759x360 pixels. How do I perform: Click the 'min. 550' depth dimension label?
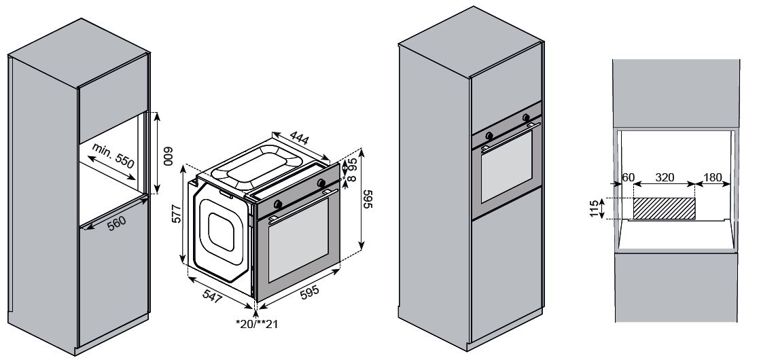point(113,156)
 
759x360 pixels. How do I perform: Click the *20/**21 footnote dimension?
point(258,324)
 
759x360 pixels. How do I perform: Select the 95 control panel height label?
point(353,165)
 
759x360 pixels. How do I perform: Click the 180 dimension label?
point(713,177)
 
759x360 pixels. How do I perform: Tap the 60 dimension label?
point(629,177)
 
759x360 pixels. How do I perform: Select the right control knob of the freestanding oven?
point(320,183)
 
